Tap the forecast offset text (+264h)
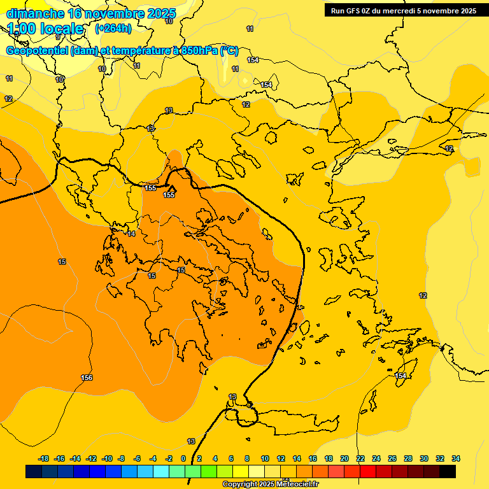click(113, 29)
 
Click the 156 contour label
click(87, 378)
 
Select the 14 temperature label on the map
click(131, 234)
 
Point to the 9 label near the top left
click(57, 38)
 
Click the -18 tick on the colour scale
click(44, 458)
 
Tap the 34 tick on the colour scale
click(456, 458)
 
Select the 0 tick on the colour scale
click(183, 458)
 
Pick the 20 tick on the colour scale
click(344, 458)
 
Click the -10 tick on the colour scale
click(107, 458)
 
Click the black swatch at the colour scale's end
click(448, 472)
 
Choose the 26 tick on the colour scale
click(392, 458)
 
